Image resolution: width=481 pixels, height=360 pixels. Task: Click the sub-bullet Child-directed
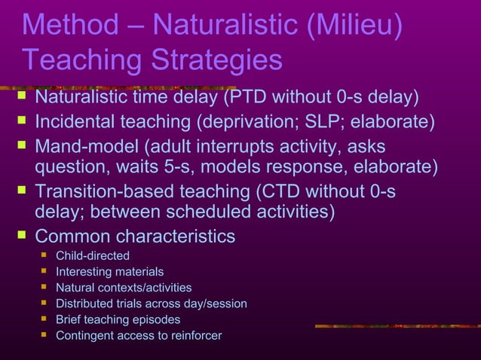(93, 256)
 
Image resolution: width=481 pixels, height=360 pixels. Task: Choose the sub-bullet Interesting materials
(109, 272)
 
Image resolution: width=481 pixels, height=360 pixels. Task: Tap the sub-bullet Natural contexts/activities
(124, 288)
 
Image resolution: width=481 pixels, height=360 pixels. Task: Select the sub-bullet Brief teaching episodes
(118, 319)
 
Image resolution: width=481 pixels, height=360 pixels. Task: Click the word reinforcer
(194, 335)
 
